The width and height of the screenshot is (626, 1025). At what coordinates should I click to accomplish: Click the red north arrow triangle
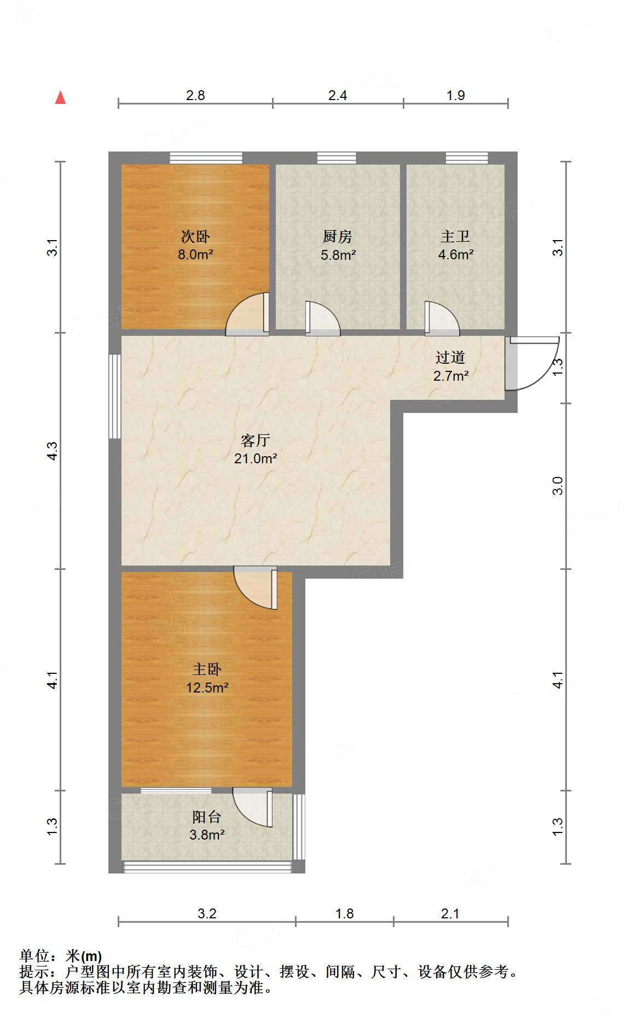(x=61, y=98)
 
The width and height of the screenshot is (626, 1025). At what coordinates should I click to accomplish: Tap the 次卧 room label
(x=195, y=237)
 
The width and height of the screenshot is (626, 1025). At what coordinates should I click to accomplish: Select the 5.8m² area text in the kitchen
(x=338, y=255)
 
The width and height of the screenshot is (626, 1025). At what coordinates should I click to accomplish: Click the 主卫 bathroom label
(x=455, y=237)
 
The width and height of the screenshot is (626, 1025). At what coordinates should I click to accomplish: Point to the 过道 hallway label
(x=450, y=358)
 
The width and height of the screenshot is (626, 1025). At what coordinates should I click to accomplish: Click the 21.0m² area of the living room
(x=256, y=459)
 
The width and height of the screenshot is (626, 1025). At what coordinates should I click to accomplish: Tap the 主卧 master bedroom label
(x=207, y=669)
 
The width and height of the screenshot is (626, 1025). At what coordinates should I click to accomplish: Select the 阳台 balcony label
(x=207, y=817)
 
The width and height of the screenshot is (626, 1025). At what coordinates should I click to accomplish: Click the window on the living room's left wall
(x=115, y=397)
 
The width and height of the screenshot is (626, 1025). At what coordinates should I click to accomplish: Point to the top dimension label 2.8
(x=195, y=96)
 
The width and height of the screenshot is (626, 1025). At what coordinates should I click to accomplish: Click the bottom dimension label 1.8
(x=344, y=913)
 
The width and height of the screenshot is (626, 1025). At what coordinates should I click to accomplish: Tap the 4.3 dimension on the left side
(x=52, y=451)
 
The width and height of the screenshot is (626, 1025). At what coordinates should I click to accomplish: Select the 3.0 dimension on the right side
(x=558, y=486)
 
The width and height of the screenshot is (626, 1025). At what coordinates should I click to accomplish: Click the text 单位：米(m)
(x=61, y=956)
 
